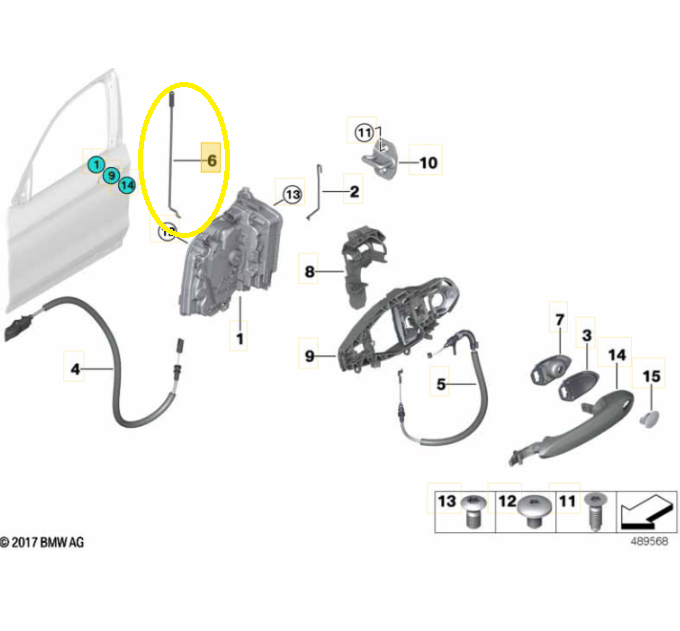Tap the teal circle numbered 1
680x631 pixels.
tap(96, 164)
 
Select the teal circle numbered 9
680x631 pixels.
tap(111, 175)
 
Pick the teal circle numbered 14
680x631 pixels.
tap(127, 186)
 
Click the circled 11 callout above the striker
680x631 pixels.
tap(364, 132)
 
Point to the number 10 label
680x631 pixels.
tap(428, 163)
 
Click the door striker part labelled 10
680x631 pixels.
tap(380, 160)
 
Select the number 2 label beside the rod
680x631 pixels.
tap(354, 191)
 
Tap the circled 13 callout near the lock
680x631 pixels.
tap(293, 194)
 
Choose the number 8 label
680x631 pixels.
tap(309, 272)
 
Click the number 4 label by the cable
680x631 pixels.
tap(75, 369)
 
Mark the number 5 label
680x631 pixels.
tap(441, 384)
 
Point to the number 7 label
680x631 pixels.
tap(559, 320)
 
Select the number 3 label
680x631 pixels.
tap(587, 335)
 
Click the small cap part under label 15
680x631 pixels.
tap(649, 418)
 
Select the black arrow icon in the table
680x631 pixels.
tap(646, 512)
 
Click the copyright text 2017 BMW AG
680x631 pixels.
tap(42, 542)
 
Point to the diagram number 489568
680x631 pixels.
tap(649, 541)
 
